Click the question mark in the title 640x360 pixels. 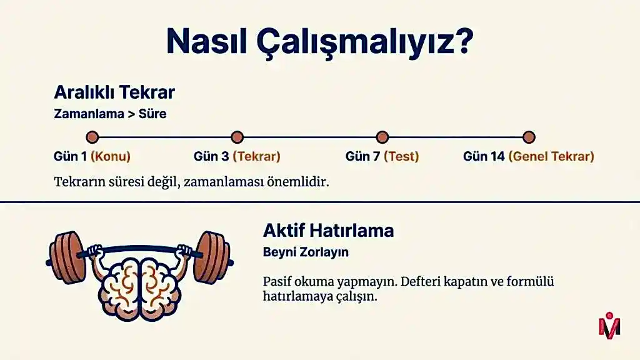463,41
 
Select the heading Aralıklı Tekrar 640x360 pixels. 114,92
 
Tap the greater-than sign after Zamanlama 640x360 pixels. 131,114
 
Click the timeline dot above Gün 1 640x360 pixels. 92,137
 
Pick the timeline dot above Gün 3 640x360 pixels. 237,137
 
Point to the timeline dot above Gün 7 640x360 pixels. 382,137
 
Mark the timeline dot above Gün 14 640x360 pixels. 529,137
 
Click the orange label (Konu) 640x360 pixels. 111,156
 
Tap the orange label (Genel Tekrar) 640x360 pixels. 551,156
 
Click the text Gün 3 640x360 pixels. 211,156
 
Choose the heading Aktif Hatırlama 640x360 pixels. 329,231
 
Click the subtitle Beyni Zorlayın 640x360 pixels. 306,252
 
